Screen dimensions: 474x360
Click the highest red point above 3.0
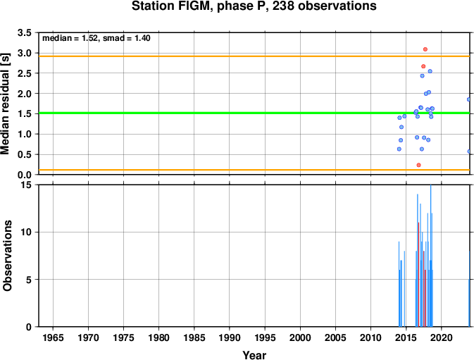(x=425, y=49)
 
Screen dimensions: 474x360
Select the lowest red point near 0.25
(x=418, y=165)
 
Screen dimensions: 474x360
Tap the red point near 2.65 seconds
(x=423, y=66)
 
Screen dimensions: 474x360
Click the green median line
(x=254, y=113)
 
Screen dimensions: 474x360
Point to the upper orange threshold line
(x=254, y=56)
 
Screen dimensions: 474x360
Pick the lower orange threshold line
(x=254, y=170)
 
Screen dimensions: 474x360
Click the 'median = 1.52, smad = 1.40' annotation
(x=96, y=38)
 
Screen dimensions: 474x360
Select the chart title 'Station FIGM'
(x=170, y=6)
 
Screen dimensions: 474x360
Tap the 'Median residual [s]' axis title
(x=6, y=104)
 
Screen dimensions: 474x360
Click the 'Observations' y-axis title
(x=7, y=256)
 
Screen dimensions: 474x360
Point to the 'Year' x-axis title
(x=254, y=355)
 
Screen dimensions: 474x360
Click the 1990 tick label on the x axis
(x=230, y=337)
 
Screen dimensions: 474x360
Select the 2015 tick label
(x=406, y=337)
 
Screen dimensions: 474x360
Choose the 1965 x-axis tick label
(x=53, y=337)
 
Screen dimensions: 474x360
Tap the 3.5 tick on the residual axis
(x=25, y=32)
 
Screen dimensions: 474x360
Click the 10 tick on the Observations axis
(x=27, y=232)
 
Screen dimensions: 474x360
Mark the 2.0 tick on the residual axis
(x=25, y=94)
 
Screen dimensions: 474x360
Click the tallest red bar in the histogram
(x=418, y=275)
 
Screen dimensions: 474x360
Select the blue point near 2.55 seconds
(x=430, y=71)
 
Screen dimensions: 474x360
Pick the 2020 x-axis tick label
(x=442, y=337)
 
